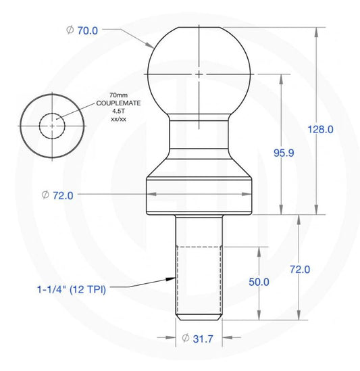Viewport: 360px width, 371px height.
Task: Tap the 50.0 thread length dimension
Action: pyautogui.click(x=259, y=281)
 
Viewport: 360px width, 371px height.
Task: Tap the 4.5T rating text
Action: pyautogui.click(x=110, y=112)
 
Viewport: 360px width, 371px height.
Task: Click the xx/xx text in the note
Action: pyautogui.click(x=110, y=119)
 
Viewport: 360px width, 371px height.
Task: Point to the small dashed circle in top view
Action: pyautogui.click(x=51, y=125)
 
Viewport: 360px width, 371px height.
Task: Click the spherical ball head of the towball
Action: pyautogui.click(x=199, y=71)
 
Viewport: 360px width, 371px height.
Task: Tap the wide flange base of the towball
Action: pyautogui.click(x=199, y=194)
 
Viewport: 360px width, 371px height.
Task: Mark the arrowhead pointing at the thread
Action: pyautogui.click(x=172, y=278)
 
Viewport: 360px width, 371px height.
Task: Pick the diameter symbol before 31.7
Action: pyautogui.click(x=185, y=339)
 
